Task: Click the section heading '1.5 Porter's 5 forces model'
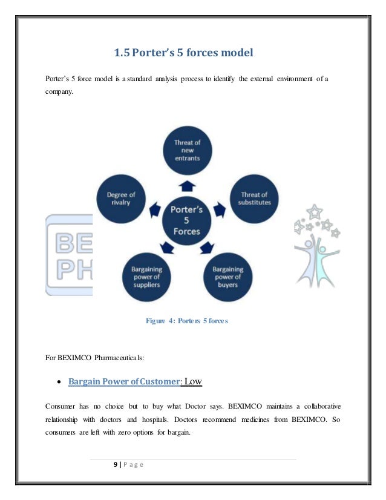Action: [x=183, y=54]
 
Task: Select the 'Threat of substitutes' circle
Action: [x=254, y=198]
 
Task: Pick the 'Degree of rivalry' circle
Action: [x=121, y=198]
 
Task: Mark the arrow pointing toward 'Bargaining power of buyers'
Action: [x=208, y=247]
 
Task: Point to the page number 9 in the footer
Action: [x=116, y=464]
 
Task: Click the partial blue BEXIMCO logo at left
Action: [x=69, y=255]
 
